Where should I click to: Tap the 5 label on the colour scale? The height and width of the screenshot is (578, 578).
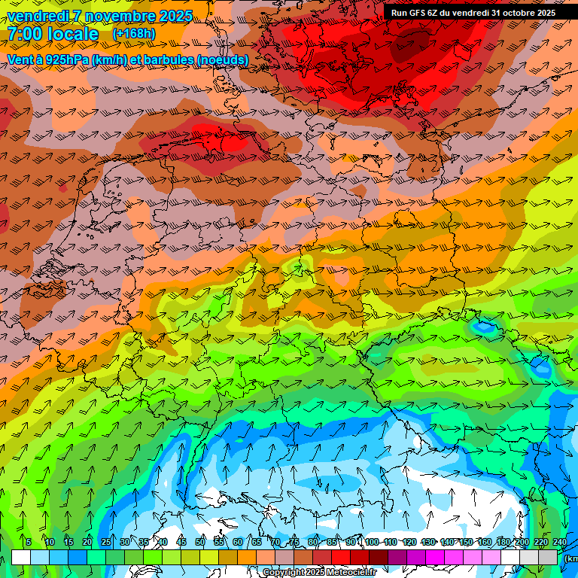tap(29, 542)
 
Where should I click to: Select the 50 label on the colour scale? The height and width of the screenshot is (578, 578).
tap(200, 542)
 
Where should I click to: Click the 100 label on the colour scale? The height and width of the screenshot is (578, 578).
tap(372, 542)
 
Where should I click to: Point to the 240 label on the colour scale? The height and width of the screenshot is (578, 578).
tap(559, 542)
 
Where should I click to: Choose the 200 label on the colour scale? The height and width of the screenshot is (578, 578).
tap(522, 542)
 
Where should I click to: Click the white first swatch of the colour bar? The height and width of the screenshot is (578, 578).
tap(21, 557)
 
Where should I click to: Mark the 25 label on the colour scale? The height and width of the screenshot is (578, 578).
tap(106, 542)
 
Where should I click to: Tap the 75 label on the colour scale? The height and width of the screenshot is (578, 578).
tap(294, 542)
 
